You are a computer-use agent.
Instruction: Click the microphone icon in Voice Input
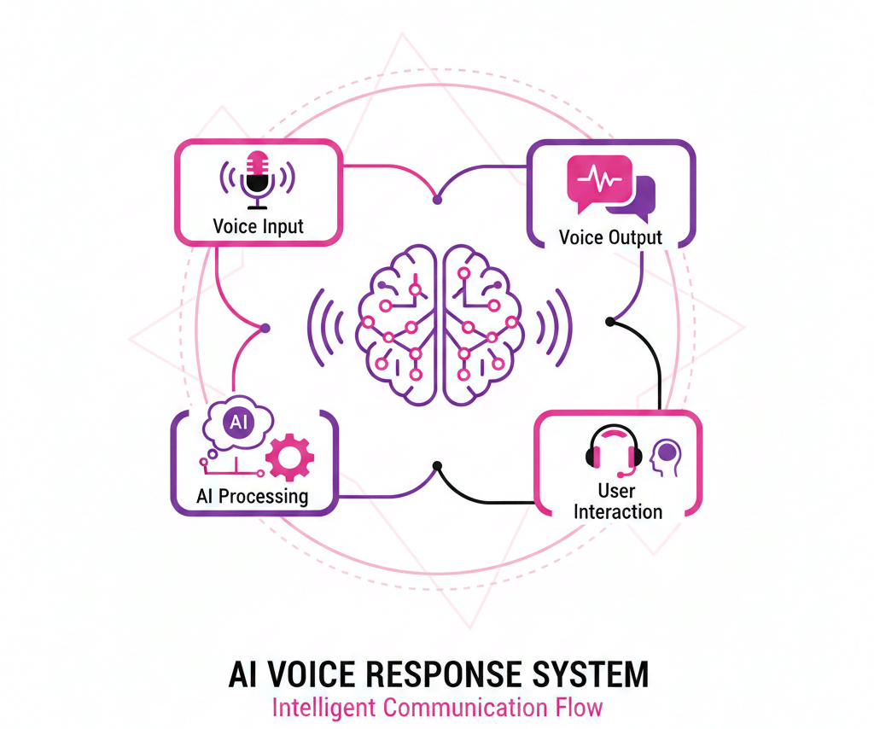coord(257,180)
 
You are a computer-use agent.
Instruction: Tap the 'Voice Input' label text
coord(258,227)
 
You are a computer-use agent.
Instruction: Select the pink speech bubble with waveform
coord(598,184)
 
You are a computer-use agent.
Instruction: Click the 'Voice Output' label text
coord(610,237)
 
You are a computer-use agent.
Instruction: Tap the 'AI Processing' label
coord(252,496)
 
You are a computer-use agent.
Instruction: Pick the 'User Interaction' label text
coord(617,502)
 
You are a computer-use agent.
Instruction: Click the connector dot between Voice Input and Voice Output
coord(437,200)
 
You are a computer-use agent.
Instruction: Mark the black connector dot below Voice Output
coord(609,322)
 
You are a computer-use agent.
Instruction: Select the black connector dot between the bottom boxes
coord(437,466)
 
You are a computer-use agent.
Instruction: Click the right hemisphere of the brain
coord(478,324)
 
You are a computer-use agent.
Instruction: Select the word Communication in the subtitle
coord(457,708)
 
